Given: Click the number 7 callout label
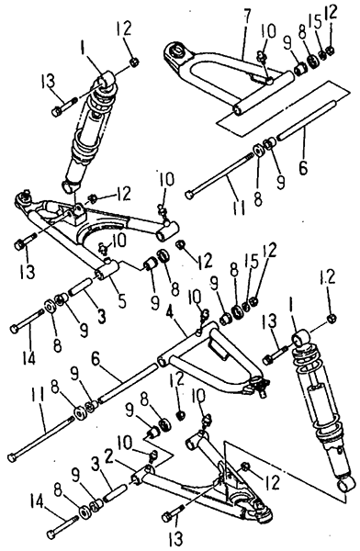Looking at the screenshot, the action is [x=247, y=15].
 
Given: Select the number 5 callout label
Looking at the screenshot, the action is [x=121, y=300].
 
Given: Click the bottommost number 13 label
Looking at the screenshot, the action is [x=176, y=537].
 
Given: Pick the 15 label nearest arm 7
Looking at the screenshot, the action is [x=316, y=22].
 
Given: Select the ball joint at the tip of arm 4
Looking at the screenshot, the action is [x=260, y=385].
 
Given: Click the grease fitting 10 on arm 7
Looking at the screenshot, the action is [x=262, y=57].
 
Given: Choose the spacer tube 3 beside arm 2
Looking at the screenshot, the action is [x=114, y=490].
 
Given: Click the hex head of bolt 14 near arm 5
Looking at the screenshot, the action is [x=14, y=330].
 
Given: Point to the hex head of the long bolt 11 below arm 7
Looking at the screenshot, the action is [x=190, y=194].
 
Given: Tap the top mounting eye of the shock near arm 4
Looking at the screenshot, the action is [x=300, y=338].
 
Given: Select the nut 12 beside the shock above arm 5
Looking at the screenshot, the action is [x=134, y=62].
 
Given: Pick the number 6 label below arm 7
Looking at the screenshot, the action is [x=303, y=166].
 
